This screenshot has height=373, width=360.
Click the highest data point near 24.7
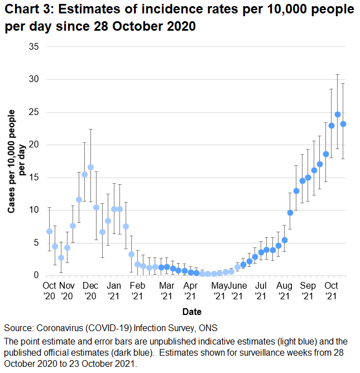pyautogui.click(x=338, y=114)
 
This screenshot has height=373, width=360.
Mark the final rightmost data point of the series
pyautogui.click(x=344, y=124)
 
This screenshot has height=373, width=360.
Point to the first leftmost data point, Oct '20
pyautogui.click(x=49, y=231)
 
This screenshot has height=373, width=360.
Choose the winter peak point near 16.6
pyautogui.click(x=90, y=167)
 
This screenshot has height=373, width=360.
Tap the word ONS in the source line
pyautogui.click(x=207, y=328)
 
